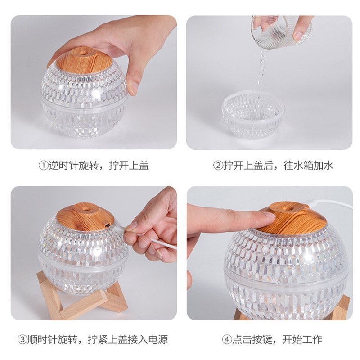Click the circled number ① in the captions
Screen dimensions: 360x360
pos(43,165)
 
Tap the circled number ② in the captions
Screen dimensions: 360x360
pos(218,165)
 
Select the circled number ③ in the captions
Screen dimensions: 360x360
pos(22,339)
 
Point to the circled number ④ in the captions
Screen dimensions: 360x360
pos(227,339)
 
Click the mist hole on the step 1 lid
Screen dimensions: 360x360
pos(83,53)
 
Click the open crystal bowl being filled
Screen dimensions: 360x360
pos(253,115)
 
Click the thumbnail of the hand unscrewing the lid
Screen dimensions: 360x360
pos(134,89)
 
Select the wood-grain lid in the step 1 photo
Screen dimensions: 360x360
pos(84,60)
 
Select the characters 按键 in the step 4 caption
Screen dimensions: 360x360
pos(262,339)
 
